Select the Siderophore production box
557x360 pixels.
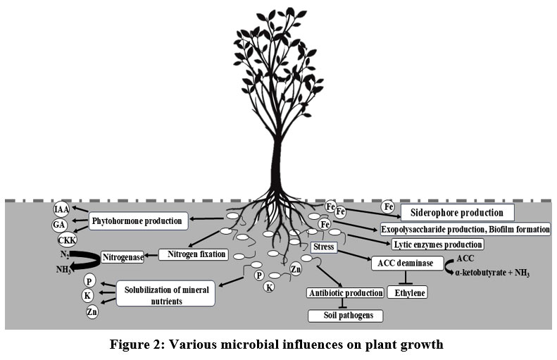point(457,212)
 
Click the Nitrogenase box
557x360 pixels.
point(123,258)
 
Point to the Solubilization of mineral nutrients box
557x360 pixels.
point(165,294)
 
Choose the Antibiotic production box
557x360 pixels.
point(345,292)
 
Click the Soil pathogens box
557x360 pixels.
point(345,315)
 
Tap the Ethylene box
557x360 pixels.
point(407,291)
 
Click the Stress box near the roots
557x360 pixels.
point(324,248)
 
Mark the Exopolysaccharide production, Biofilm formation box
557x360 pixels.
point(465,229)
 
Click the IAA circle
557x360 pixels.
point(63,209)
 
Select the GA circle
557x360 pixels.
point(59,225)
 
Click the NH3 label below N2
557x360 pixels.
point(63,270)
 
